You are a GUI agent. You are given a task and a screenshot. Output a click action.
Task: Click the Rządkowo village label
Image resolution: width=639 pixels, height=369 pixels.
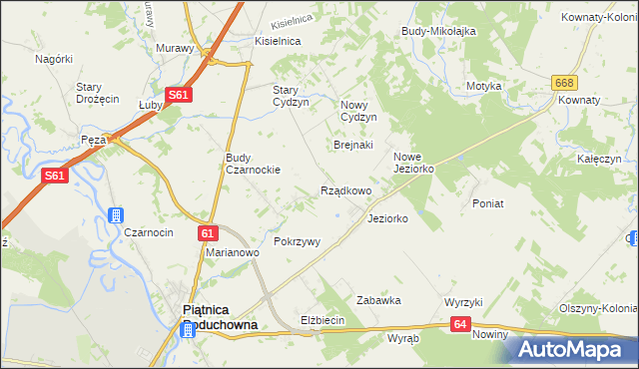click(345, 190)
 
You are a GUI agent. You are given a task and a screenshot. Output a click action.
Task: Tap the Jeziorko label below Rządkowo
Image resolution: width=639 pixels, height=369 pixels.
click(387, 217)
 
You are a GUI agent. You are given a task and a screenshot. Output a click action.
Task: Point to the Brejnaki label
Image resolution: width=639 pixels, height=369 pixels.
click(352, 145)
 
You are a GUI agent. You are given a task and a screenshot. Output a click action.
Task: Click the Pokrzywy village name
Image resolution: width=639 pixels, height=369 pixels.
click(297, 241)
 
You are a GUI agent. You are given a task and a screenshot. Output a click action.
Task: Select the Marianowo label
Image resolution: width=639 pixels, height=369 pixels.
click(233, 252)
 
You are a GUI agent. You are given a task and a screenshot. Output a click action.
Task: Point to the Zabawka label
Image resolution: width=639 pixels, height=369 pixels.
click(378, 299)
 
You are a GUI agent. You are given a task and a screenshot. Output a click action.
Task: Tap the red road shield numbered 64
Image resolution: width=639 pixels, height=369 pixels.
click(460, 324)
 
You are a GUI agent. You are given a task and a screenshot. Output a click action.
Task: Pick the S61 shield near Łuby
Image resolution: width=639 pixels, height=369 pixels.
click(178, 95)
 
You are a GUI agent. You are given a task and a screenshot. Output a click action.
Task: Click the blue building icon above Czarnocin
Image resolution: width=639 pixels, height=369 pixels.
click(116, 215)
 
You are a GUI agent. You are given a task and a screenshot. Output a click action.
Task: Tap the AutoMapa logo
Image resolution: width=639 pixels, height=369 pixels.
click(573, 349)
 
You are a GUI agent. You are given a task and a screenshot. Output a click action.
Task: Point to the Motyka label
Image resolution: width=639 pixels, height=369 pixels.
click(483, 86)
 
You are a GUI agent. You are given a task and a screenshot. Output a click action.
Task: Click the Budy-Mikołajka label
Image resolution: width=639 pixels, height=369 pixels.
click(437, 31)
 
